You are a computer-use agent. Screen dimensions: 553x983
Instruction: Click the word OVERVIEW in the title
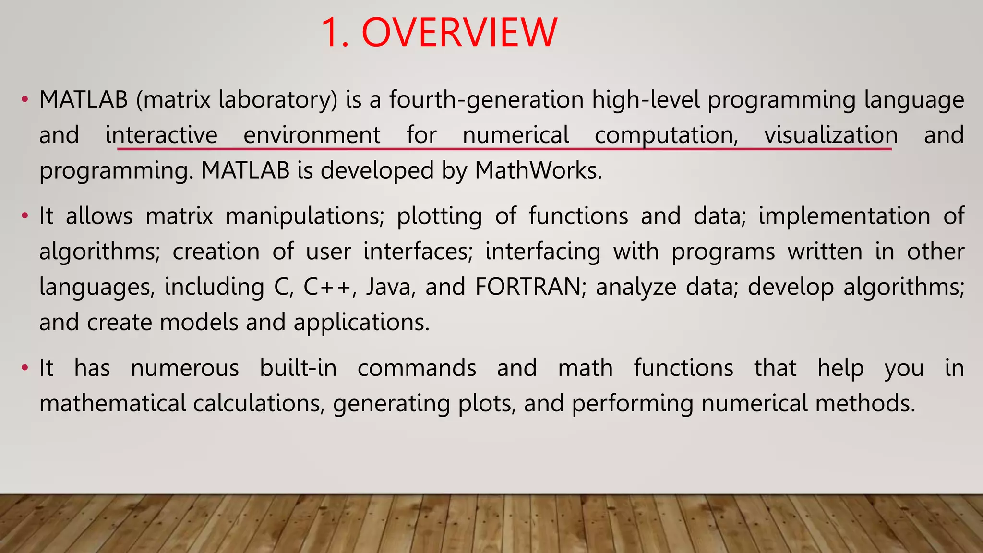459,33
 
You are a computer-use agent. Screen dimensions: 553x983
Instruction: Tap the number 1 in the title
331,33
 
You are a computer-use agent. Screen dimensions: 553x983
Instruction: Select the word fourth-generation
486,100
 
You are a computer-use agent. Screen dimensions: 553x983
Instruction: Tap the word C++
329,287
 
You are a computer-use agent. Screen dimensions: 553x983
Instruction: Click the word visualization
831,135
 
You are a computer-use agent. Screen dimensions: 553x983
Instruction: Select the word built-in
298,368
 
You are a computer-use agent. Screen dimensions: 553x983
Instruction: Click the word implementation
844,216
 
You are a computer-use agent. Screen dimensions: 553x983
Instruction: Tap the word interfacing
542,252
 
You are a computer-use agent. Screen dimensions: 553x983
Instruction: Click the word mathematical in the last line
112,403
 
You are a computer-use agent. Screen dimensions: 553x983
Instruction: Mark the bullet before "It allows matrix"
24,216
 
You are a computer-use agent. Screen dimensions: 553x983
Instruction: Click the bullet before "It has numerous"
24,369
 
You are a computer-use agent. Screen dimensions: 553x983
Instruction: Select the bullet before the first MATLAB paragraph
24,100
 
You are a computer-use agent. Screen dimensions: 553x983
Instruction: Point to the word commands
417,368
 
